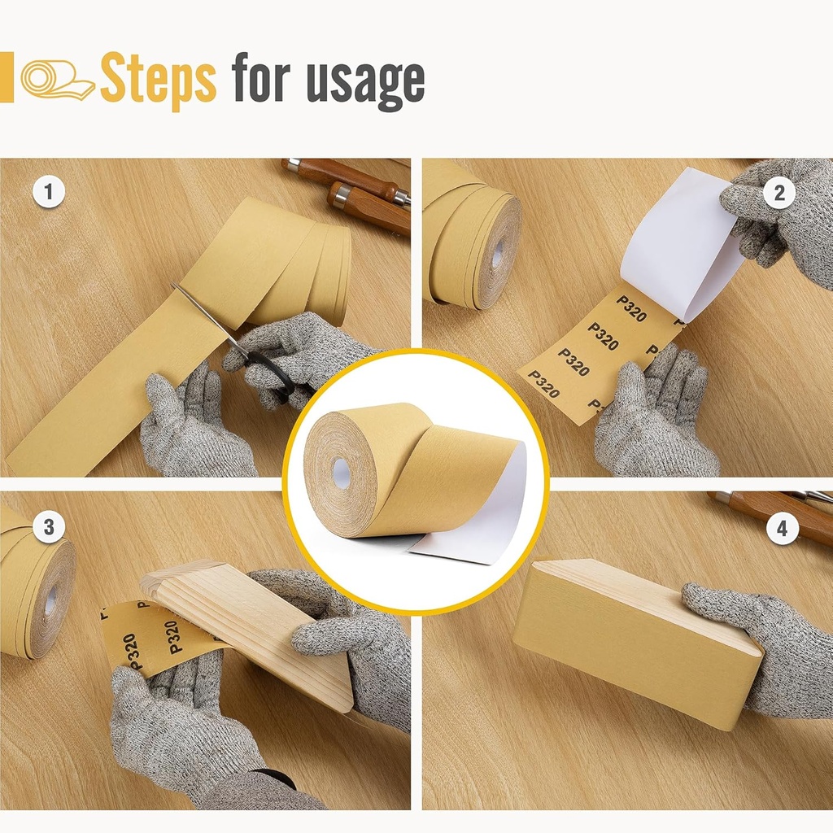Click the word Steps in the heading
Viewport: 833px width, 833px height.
[x=158, y=80]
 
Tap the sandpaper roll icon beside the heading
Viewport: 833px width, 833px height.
[x=57, y=80]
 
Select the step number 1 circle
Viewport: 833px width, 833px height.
[x=49, y=193]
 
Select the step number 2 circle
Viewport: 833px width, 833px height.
[x=779, y=193]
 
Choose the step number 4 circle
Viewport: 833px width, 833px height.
[x=782, y=530]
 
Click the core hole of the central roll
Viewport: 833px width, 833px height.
[x=341, y=473]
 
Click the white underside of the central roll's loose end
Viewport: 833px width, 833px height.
[x=480, y=521]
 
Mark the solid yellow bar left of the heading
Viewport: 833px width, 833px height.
[x=7, y=77]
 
